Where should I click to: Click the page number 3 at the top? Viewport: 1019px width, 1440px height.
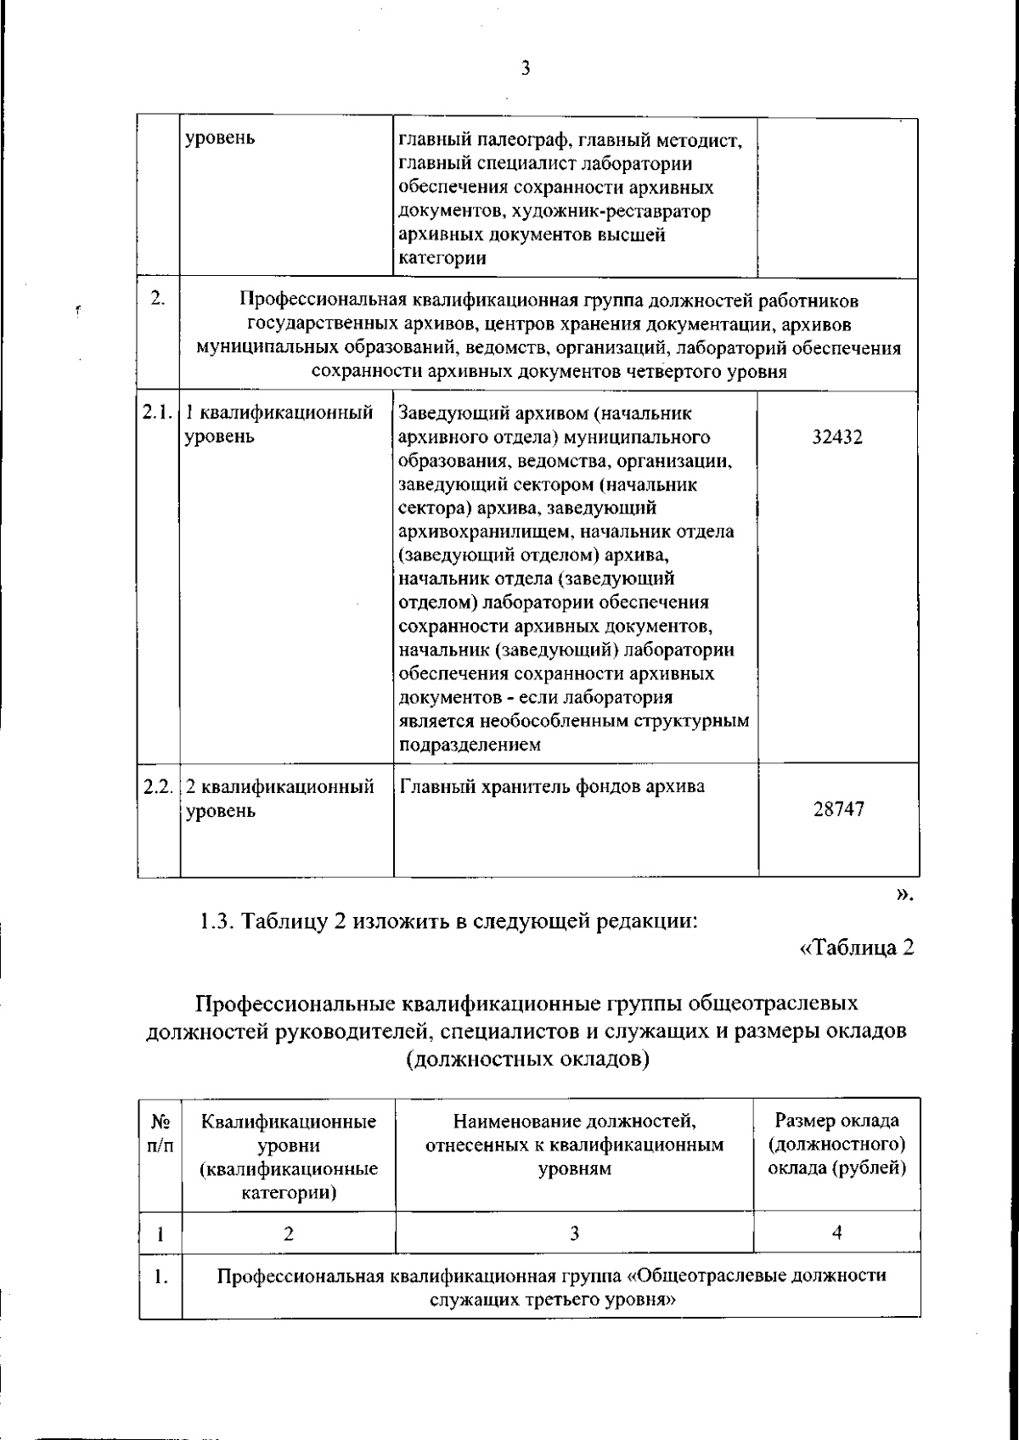[525, 69]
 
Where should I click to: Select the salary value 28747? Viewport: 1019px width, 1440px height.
[838, 809]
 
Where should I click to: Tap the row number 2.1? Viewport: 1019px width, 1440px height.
[158, 413]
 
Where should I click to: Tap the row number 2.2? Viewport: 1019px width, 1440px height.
[158, 786]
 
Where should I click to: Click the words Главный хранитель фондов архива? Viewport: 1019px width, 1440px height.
[552, 786]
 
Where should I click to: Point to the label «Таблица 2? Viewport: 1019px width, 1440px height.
[857, 948]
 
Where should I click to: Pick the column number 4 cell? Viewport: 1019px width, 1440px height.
[836, 1233]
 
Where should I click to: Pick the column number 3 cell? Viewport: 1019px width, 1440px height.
[574, 1233]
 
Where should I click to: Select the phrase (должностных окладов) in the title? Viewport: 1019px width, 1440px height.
[527, 1060]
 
